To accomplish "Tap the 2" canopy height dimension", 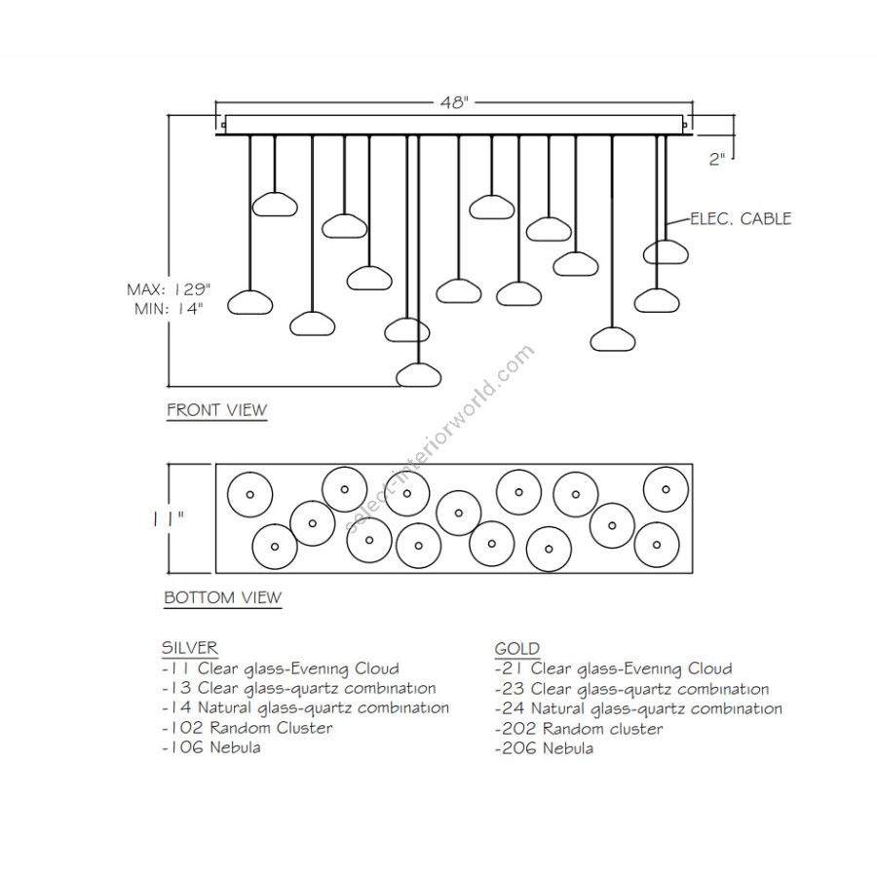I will (718, 160).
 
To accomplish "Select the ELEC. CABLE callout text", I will (741, 218).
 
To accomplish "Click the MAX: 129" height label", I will (169, 289).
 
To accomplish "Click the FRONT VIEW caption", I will (216, 410).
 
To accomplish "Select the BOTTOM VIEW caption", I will (222, 597).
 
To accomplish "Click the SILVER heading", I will (189, 647).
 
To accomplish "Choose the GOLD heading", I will (517, 648).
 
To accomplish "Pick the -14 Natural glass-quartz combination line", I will (305, 708).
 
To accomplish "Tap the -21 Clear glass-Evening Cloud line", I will (613, 668).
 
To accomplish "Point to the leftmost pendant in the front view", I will (248, 303).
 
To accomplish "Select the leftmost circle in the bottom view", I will (248, 495).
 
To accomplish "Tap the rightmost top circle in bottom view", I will (667, 489).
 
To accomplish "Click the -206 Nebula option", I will (544, 748).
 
